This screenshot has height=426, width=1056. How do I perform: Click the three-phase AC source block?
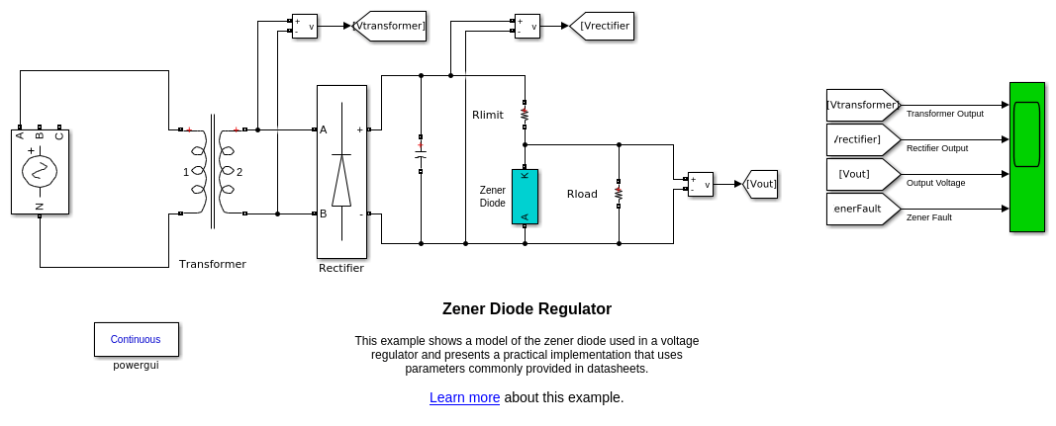point(40,171)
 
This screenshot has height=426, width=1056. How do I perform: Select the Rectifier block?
point(341,172)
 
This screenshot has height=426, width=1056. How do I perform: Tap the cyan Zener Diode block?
point(525,197)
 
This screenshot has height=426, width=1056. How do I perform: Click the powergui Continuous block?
point(136,339)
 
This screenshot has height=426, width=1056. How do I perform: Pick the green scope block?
point(1026,156)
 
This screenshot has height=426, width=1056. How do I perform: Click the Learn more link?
point(464,397)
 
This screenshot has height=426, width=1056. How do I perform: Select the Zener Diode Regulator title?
point(527,308)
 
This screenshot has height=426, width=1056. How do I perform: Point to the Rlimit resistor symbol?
point(525,115)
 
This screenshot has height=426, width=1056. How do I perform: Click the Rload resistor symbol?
point(619,194)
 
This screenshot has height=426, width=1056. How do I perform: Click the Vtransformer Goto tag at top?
point(390,26)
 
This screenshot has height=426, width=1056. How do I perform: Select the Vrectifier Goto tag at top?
point(603,26)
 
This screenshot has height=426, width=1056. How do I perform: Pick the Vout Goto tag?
point(760,184)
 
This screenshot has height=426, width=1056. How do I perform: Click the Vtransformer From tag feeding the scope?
point(863,105)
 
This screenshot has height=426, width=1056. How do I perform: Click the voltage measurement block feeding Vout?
point(701,184)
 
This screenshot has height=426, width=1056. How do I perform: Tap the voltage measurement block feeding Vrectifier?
point(528,26)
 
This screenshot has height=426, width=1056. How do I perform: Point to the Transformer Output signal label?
point(944,114)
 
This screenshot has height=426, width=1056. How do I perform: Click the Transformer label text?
point(212,264)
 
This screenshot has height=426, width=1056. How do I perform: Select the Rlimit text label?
point(488,115)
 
